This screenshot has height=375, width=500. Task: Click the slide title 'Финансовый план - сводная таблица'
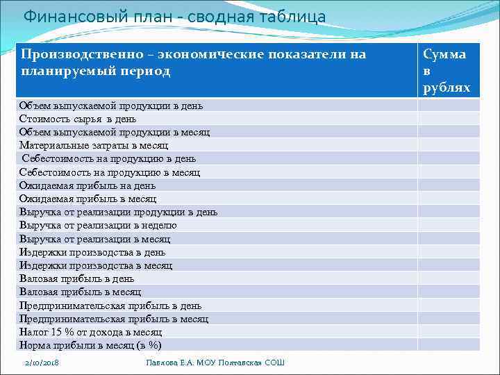click(x=174, y=17)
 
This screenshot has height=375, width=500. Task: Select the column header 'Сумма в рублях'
click(x=447, y=71)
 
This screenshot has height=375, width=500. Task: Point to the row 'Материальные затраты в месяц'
click(x=94, y=146)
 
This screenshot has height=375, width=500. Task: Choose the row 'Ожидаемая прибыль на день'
click(x=87, y=185)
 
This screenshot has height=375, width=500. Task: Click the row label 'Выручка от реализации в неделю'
click(x=98, y=225)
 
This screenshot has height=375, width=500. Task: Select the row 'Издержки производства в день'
click(x=92, y=252)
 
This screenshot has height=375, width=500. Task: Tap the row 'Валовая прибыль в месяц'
click(x=80, y=292)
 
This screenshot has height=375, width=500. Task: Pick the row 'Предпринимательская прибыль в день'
click(x=110, y=306)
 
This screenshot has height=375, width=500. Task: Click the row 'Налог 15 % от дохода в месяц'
click(x=90, y=332)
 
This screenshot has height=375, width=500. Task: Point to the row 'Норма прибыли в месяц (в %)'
click(x=90, y=345)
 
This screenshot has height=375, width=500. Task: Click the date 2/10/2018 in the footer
click(x=42, y=362)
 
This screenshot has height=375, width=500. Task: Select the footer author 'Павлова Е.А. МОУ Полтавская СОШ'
click(x=215, y=362)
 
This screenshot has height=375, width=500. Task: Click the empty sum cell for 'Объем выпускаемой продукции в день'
click(x=448, y=106)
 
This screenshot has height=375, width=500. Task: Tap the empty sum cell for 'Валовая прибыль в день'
click(x=448, y=278)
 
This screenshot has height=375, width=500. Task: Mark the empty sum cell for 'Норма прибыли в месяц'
click(x=448, y=345)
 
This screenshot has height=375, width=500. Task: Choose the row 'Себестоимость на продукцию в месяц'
click(x=110, y=172)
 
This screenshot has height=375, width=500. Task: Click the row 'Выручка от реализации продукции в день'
click(x=118, y=212)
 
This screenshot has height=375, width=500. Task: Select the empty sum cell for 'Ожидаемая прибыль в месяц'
click(x=448, y=199)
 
